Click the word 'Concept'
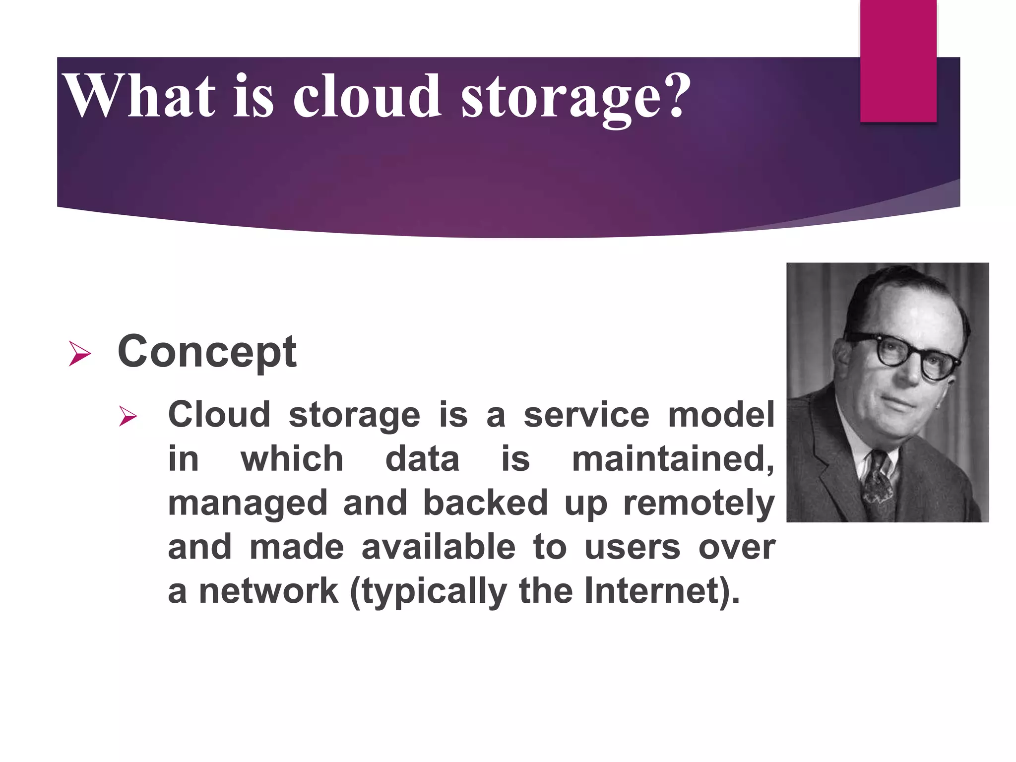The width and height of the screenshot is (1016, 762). [207, 352]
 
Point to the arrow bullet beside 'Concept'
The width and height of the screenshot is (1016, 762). [79, 354]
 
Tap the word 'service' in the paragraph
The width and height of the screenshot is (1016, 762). [586, 415]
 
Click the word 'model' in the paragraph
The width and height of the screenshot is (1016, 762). [721, 415]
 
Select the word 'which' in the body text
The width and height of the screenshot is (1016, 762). [292, 459]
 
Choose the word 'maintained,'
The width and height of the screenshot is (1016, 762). [672, 459]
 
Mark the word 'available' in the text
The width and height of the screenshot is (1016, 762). [439, 547]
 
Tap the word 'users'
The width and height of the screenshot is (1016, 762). [632, 547]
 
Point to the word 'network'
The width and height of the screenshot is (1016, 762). [268, 591]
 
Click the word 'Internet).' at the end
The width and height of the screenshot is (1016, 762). [662, 591]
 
